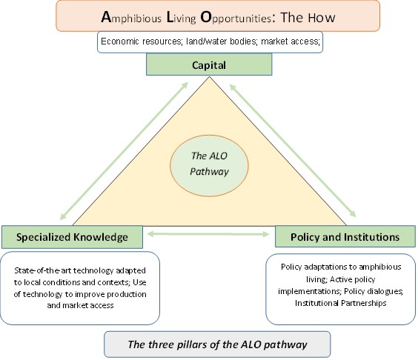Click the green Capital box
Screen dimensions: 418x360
[209, 64]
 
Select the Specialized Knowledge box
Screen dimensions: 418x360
[72, 237]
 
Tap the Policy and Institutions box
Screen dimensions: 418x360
[345, 236]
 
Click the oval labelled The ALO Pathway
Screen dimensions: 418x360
[209, 166]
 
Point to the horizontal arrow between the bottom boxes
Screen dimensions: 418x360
[208, 234]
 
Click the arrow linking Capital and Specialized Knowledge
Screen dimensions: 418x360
[124, 151]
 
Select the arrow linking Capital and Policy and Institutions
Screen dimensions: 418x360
[293, 151]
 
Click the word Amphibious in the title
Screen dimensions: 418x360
[131, 18]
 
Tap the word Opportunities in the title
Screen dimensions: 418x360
[236, 18]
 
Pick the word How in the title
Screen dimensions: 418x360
[322, 18]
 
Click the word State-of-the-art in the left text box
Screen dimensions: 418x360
[43, 270]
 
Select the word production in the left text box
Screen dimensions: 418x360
[127, 294]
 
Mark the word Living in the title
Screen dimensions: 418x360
[182, 18]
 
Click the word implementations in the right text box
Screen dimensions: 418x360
[310, 291]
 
